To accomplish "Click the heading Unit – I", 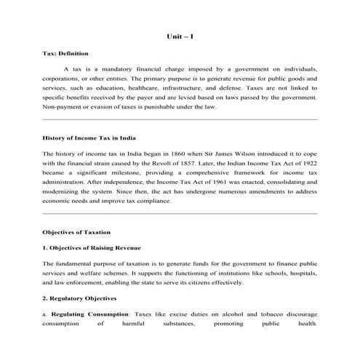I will click(180, 35).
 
